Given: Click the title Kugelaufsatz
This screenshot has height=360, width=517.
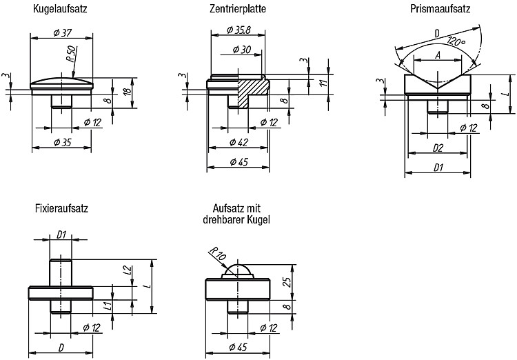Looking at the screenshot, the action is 60,8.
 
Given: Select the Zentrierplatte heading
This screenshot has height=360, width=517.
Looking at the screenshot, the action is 238,8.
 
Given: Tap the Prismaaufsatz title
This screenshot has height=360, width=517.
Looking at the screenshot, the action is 440,8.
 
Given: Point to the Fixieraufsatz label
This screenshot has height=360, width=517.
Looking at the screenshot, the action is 61,208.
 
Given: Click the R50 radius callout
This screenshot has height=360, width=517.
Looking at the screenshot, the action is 72,54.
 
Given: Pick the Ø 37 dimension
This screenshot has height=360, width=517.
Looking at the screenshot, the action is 62,33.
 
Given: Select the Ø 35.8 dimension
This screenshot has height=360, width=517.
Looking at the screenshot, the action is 239,30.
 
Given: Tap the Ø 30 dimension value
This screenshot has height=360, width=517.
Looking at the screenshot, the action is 242,50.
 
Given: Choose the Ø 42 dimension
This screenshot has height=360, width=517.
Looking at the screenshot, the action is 239,143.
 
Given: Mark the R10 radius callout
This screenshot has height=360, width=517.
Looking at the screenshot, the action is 218,253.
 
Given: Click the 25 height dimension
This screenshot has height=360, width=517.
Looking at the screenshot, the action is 287,282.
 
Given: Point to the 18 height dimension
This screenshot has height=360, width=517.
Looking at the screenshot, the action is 128,90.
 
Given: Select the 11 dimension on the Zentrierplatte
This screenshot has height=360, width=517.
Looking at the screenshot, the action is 325,82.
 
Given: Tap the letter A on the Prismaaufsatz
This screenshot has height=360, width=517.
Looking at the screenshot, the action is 438,55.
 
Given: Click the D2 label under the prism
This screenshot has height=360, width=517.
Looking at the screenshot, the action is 438,148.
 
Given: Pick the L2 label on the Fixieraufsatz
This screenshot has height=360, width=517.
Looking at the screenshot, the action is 128,270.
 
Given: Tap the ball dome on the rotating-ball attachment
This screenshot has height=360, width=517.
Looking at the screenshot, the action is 238,269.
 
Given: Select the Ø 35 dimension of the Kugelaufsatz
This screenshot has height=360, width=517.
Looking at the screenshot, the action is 62,143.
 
